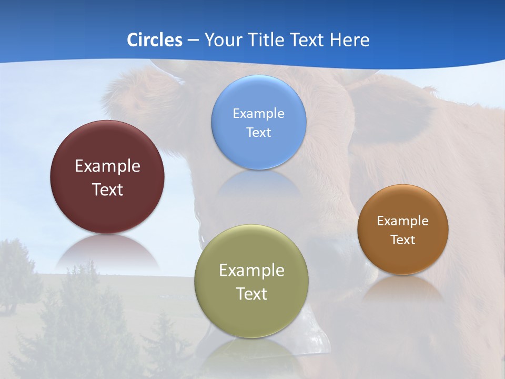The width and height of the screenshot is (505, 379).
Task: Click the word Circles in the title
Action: point(155,40)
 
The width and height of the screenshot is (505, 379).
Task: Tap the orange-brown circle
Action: point(403,258)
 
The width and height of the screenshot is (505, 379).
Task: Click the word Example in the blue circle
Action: point(258,113)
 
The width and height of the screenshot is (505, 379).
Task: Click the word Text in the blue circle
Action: point(258,132)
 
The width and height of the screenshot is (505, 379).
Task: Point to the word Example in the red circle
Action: point(107,166)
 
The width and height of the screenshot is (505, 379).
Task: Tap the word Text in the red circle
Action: point(107,189)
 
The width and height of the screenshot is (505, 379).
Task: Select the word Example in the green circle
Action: point(251,271)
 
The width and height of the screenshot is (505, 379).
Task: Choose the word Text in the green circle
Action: point(251,294)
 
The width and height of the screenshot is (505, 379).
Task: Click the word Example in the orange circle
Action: point(403,221)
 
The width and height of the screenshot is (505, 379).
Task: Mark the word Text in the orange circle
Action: point(403,240)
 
